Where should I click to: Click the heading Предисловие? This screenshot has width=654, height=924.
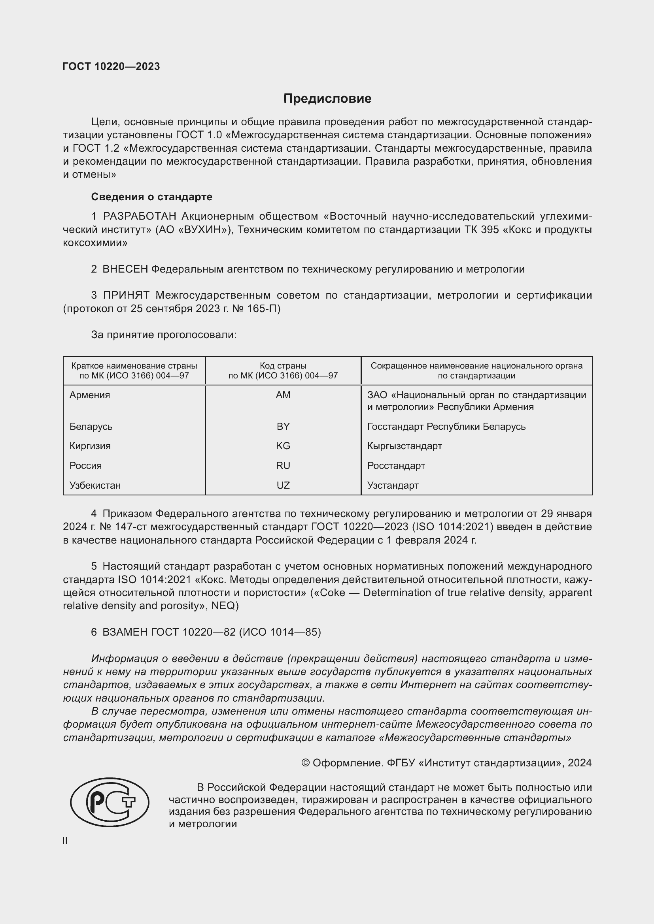click(327, 99)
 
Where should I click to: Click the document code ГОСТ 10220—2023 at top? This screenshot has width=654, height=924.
click(111, 67)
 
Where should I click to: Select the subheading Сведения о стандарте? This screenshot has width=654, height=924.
click(151, 197)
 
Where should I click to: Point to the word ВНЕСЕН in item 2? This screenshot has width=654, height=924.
click(125, 269)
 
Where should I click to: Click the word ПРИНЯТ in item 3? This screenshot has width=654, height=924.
click(126, 295)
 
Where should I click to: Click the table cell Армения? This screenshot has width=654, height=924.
click(89, 395)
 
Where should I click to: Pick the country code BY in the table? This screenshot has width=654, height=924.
click(283, 427)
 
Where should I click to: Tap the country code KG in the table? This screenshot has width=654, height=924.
click(283, 446)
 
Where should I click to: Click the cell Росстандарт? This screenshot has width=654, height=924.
click(396, 466)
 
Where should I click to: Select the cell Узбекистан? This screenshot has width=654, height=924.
click(95, 486)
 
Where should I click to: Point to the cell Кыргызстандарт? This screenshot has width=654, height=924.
click(404, 446)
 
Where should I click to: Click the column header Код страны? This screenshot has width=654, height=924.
click(283, 366)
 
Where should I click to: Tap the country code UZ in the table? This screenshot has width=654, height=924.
click(283, 486)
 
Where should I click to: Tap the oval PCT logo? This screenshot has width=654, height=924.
click(110, 802)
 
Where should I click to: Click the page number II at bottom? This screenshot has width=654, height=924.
click(65, 841)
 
